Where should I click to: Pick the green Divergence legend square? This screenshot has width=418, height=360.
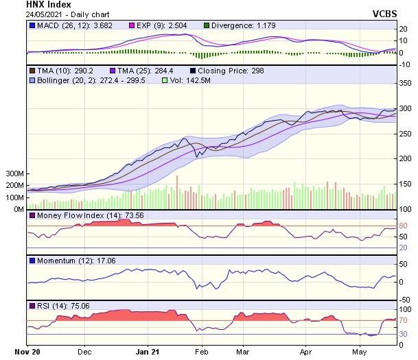pos(207,26)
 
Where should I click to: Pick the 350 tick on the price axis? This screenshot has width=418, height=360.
pos(406,83)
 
